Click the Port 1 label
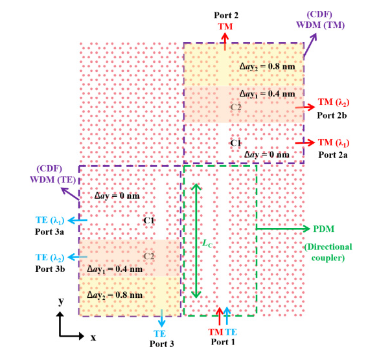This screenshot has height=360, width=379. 223,342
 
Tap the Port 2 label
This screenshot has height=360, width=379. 226,16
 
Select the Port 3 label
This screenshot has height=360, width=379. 161,344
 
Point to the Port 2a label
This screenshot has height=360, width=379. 333,155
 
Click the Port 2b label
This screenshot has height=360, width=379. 332,115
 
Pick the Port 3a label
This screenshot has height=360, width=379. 49,232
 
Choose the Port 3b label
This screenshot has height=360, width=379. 50,269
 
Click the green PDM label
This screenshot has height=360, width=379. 324,229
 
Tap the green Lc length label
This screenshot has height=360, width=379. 207,243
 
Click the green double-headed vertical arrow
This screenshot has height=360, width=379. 196,241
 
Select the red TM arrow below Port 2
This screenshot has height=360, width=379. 225,41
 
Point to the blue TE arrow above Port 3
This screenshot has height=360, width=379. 161,318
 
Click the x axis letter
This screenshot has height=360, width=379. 93,337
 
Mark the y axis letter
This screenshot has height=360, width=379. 62,301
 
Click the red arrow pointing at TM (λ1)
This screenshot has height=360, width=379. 304,142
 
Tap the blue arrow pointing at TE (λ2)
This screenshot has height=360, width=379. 77,257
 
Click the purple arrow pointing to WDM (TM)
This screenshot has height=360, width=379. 310,45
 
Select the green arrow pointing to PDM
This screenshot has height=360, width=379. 283,229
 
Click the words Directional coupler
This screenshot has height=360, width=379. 328,253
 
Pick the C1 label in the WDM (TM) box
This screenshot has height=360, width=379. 236,143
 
